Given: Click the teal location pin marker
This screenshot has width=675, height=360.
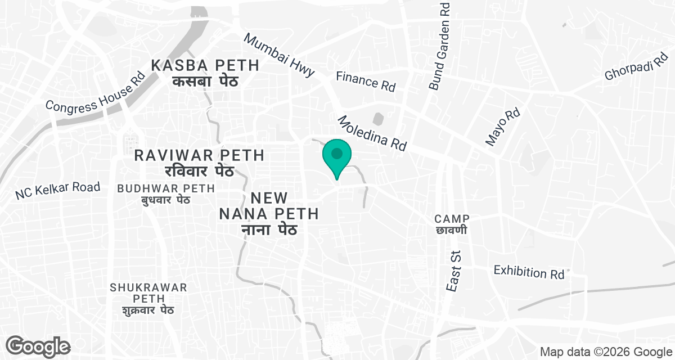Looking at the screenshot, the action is (x=336, y=157).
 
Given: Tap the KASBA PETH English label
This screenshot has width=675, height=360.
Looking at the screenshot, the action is (x=205, y=65).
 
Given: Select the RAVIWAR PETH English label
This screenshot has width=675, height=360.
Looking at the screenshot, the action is (x=200, y=155).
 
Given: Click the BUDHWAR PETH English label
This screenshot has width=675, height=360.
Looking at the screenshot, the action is (x=166, y=188).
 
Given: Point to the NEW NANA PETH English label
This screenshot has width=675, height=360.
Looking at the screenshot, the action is (x=269, y=206).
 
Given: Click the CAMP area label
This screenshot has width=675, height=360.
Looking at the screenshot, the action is (x=452, y=218).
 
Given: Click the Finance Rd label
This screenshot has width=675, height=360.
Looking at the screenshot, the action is (x=366, y=81).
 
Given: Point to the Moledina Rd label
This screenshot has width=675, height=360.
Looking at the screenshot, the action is (x=372, y=133).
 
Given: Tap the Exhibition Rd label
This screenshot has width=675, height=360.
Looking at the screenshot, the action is (x=529, y=272).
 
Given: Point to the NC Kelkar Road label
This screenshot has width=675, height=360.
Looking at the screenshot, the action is (x=57, y=190).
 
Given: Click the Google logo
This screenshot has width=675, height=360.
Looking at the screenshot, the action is (x=38, y=345).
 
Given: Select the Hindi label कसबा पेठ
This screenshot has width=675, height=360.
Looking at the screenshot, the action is (x=205, y=81).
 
